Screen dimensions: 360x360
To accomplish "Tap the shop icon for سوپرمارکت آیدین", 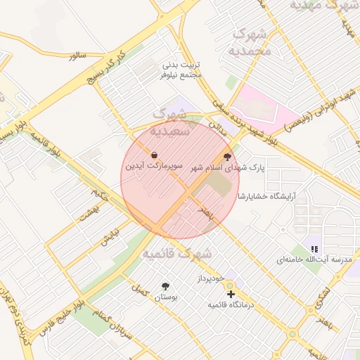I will tap(154, 154).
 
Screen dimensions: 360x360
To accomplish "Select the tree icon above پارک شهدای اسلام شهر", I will tap(227, 157).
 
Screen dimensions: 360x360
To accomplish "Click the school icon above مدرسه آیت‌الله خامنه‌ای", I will tap(314, 248).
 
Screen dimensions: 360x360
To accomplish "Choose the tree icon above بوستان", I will tap(165, 286).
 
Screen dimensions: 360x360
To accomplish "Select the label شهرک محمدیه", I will tap(250, 41).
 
